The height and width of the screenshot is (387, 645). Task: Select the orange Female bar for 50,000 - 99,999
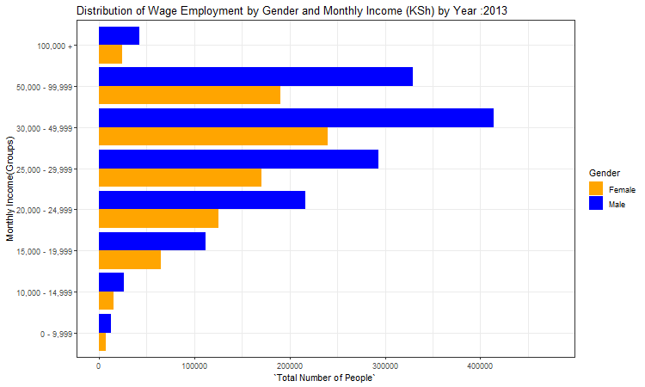(x=189, y=95)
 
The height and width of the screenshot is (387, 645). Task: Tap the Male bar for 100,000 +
(x=119, y=35)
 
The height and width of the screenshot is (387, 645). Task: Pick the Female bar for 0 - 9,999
(x=102, y=342)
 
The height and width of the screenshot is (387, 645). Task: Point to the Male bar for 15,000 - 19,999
(x=152, y=242)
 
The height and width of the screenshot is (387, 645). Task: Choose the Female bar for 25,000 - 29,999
(x=180, y=178)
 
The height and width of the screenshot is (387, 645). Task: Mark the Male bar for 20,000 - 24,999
(x=202, y=200)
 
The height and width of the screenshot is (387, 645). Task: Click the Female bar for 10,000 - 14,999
(x=106, y=301)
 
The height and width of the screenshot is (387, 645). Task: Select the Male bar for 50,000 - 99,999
(x=255, y=77)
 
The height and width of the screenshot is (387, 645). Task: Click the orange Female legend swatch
(x=596, y=188)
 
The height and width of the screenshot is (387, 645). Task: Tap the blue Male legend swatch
(x=596, y=204)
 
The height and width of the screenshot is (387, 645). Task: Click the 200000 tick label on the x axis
(x=290, y=367)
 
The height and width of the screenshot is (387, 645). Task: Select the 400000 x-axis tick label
(x=480, y=367)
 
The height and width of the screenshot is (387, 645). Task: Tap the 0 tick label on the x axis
(x=99, y=367)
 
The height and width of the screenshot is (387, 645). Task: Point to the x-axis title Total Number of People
(x=324, y=379)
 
